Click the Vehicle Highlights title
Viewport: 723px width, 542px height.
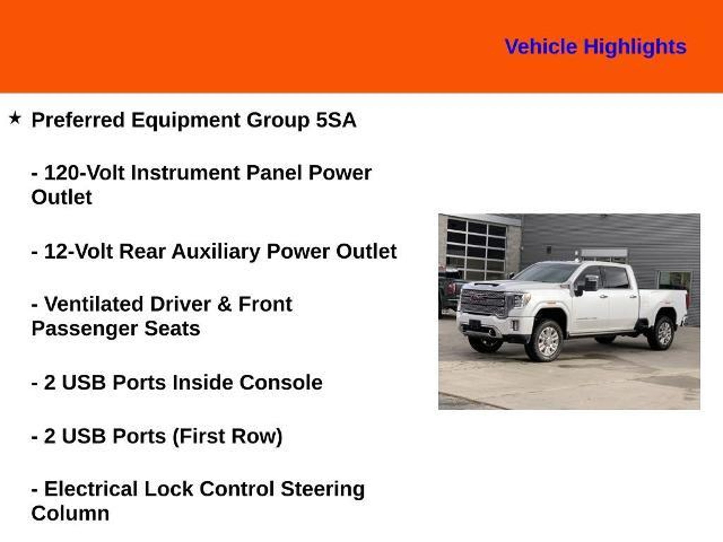click(x=596, y=47)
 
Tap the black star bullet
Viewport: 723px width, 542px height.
click(x=15, y=118)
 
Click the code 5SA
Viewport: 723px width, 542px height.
click(x=336, y=120)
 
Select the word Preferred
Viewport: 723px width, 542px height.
click(x=78, y=120)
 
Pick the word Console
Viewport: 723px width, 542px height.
click(x=281, y=383)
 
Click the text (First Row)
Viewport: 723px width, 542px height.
click(x=228, y=436)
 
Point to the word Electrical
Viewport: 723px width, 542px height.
click(x=91, y=489)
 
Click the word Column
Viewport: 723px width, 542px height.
click(x=70, y=513)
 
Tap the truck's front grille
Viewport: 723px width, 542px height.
click(x=484, y=302)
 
